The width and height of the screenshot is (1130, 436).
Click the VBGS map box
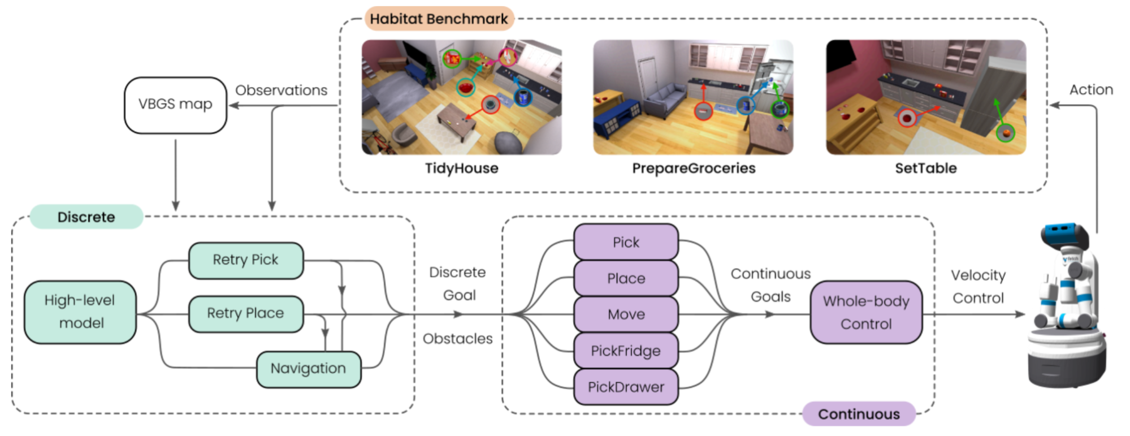pos(175,105)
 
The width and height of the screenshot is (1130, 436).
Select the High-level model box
pos(80,312)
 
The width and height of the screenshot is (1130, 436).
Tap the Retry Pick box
pos(246,260)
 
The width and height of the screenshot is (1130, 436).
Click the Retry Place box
pos(246,314)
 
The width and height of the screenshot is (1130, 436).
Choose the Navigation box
pos(309,369)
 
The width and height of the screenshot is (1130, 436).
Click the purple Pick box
pos(626,243)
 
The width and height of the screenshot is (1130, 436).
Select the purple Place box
pos(626,278)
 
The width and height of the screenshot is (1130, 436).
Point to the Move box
pos(626,314)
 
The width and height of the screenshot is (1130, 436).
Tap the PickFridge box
pos(626,351)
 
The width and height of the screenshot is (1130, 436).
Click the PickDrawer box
pos(626,387)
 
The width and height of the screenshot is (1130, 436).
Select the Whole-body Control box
pos(866,313)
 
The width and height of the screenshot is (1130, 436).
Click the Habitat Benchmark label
pos(439,19)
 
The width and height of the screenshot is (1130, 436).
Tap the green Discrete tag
pos(86,217)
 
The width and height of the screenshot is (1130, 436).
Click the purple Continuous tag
pos(859,414)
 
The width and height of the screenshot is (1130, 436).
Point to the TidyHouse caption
pos(461,169)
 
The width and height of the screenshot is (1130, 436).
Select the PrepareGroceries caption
pos(694,169)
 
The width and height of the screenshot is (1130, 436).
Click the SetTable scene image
pos(926,97)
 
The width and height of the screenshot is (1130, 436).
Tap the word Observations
pos(281,90)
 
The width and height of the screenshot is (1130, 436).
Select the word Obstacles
pos(457,339)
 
